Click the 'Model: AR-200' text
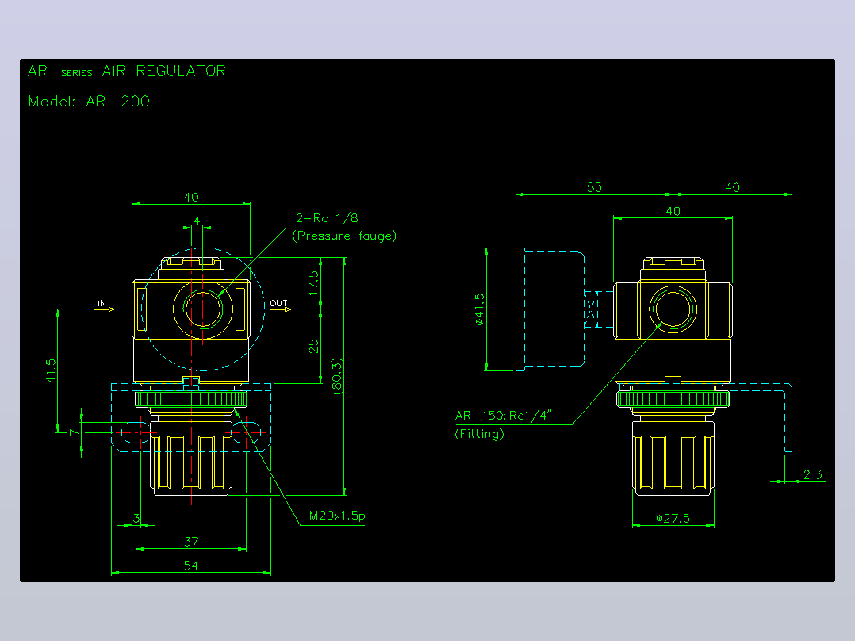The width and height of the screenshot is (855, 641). coord(89,102)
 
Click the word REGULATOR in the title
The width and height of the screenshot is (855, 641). coord(181,71)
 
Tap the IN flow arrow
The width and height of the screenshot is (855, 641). coord(104,309)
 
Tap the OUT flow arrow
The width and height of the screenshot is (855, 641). coord(281,309)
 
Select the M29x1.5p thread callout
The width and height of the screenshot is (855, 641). coord(337,516)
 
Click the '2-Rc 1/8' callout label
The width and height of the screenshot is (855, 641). coord(327,218)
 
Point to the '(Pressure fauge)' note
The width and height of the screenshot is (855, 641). coord(344,236)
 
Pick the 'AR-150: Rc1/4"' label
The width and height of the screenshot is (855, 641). coord(504,415)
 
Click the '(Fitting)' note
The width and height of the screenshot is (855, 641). coord(479,434)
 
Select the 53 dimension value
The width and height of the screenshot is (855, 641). coord(594,187)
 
